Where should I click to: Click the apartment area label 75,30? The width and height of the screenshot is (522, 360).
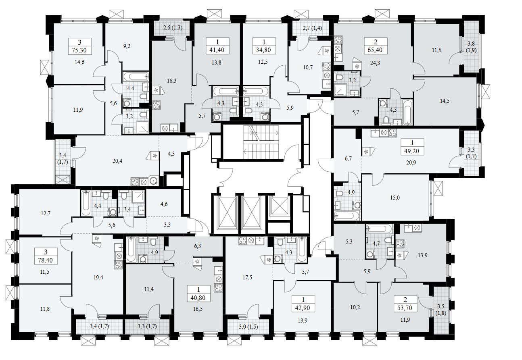tap(79, 50)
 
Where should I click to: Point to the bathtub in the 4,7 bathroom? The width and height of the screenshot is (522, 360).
tap(379, 229)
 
